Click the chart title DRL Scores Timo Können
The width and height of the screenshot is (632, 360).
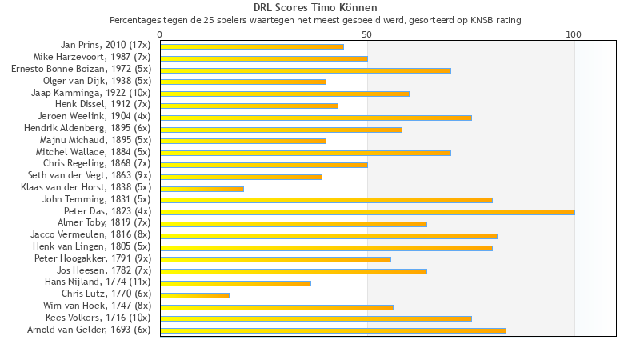click(x=315, y=7)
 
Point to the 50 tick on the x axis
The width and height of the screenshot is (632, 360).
click(x=367, y=34)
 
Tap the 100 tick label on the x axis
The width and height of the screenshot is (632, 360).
click(x=574, y=34)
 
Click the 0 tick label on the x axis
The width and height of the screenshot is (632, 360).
click(x=160, y=34)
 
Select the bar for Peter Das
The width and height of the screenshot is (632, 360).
click(x=367, y=212)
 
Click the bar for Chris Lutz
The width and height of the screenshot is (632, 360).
click(x=194, y=295)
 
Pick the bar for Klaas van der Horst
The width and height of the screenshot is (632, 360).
click(x=202, y=189)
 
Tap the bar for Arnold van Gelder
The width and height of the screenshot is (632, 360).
click(x=333, y=330)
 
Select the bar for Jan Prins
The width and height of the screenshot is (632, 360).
click(x=252, y=46)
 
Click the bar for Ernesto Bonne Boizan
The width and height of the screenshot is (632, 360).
click(x=306, y=70)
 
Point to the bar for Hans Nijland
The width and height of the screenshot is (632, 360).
click(x=235, y=283)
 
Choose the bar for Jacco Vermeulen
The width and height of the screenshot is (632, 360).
click(x=329, y=236)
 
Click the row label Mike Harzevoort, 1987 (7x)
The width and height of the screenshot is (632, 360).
click(x=92, y=58)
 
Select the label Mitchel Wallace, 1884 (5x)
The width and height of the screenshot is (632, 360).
click(x=93, y=152)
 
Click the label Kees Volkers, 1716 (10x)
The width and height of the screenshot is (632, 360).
click(x=98, y=318)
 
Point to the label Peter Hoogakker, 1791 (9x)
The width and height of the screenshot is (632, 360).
click(x=93, y=258)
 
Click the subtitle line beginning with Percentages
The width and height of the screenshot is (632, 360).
click(x=315, y=20)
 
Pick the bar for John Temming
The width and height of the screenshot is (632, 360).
click(x=326, y=200)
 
